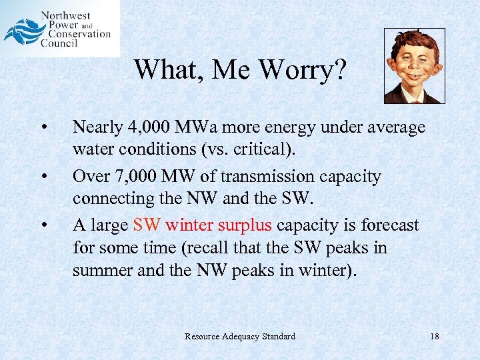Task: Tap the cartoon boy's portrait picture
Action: coord(414,66)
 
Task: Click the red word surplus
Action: coord(244,225)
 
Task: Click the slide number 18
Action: coord(434,336)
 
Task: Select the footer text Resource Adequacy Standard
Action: coord(239,336)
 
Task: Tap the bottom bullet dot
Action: coord(43,225)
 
